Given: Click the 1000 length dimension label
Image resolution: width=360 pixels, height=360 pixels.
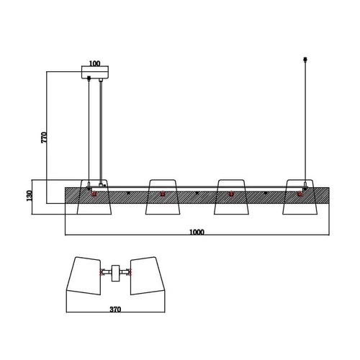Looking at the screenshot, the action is pyautogui.click(x=197, y=232).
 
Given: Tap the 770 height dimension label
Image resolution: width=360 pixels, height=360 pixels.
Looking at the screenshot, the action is pyautogui.click(x=45, y=138).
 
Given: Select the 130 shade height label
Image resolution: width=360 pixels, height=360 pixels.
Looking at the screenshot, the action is pyautogui.click(x=30, y=196).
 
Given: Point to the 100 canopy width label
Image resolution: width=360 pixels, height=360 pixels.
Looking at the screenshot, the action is pyautogui.click(x=94, y=63).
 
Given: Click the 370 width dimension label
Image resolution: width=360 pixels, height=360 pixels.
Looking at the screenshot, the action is pyautogui.click(x=115, y=310).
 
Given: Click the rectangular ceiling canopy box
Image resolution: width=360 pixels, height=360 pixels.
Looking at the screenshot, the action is pyautogui.click(x=95, y=72).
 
